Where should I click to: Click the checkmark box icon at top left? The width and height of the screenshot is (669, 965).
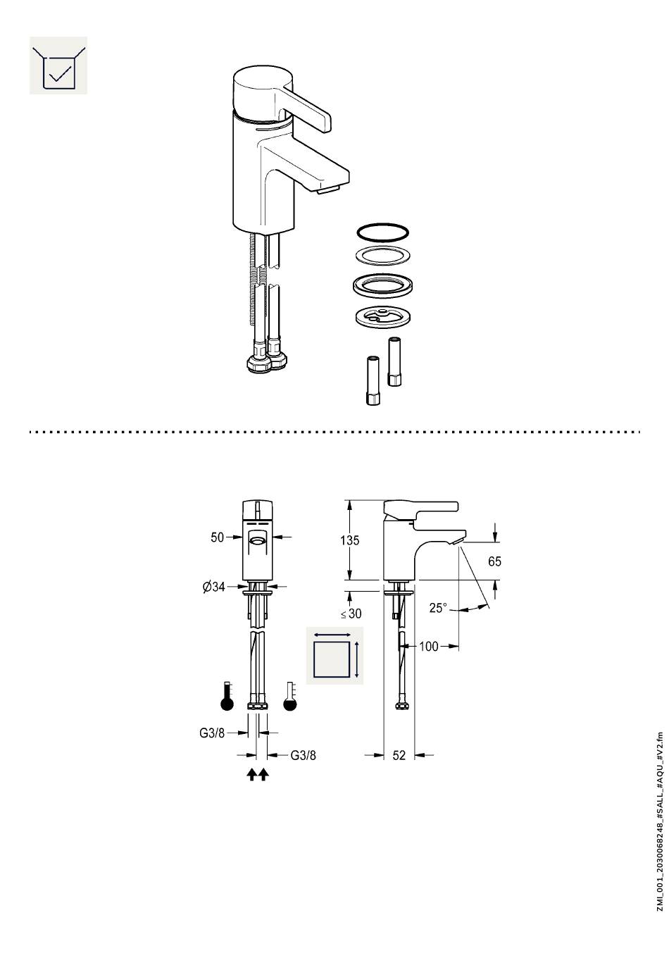[x=58, y=66]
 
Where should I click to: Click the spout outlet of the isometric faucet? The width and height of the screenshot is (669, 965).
[x=328, y=189]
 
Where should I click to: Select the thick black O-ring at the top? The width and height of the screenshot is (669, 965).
[x=382, y=232]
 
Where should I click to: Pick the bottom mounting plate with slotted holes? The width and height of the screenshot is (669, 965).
[x=382, y=318]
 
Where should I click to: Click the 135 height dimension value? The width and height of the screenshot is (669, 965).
[x=349, y=540]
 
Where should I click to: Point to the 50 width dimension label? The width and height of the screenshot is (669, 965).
[x=217, y=537]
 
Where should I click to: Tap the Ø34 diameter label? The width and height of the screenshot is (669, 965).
[x=213, y=586]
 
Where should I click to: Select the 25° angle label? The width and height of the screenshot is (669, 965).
[x=438, y=608]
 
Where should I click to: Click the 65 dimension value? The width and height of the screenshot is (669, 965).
[x=494, y=561]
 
